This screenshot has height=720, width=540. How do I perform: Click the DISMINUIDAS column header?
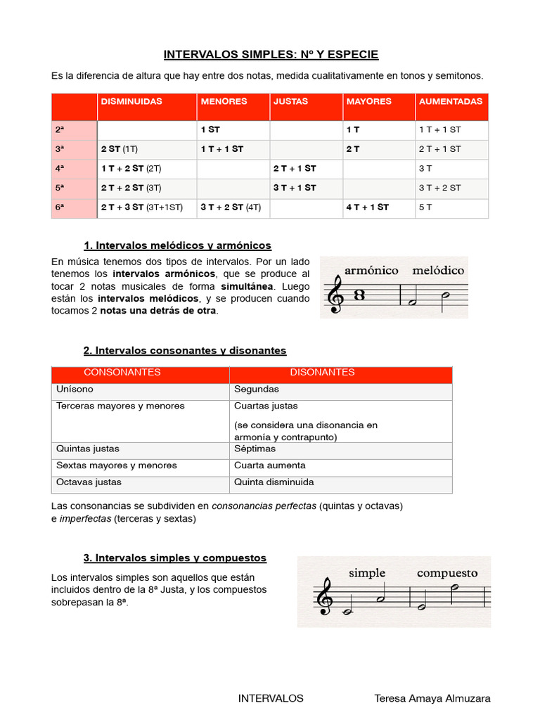click(x=131, y=101)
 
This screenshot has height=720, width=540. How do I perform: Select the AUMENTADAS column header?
click(x=450, y=101)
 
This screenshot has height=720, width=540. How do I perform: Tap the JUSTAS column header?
click(x=290, y=101)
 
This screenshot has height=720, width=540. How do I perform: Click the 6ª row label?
click(x=60, y=207)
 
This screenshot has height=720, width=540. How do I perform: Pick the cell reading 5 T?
click(x=427, y=207)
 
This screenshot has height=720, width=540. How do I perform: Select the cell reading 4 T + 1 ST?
click(x=367, y=207)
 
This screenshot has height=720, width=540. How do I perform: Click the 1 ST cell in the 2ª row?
click(x=210, y=130)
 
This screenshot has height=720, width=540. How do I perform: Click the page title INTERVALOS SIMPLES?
click(x=271, y=54)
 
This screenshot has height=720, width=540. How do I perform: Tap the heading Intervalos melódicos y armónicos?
click(x=177, y=245)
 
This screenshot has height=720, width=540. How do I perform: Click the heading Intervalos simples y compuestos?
click(x=175, y=558)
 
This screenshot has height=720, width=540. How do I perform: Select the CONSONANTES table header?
click(x=122, y=373)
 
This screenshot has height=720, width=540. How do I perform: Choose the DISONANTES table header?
click(x=322, y=373)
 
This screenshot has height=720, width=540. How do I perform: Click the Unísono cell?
click(x=75, y=389)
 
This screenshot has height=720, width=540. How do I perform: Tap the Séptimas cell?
click(x=255, y=449)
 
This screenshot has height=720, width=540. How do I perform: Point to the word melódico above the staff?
click(x=438, y=270)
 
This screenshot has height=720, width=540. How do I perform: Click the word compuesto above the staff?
click(x=446, y=573)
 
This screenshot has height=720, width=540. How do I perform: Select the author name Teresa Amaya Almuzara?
click(x=432, y=698)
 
